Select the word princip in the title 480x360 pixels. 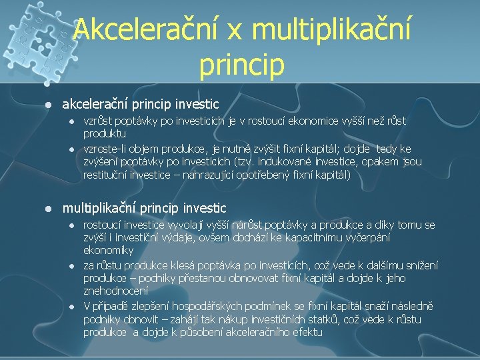point(241,65)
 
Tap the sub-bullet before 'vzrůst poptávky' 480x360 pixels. point(71,122)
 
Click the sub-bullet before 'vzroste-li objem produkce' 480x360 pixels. point(71,149)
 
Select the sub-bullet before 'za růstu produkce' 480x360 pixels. point(71,265)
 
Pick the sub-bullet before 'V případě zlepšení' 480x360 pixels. point(71,306)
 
